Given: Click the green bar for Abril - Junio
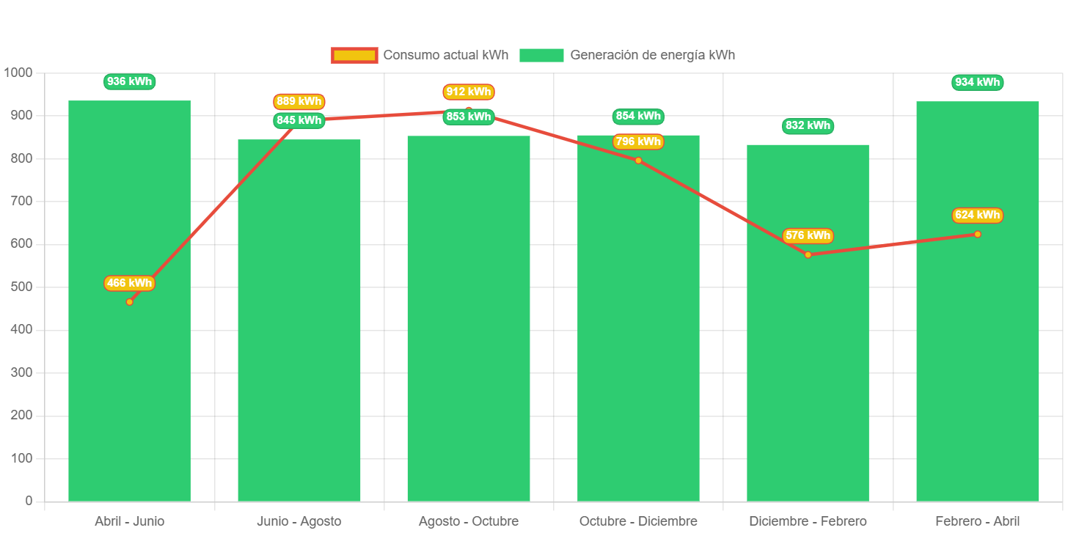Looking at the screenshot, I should tap(129, 367).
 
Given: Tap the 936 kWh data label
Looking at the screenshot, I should tap(130, 82).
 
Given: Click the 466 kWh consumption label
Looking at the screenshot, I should tap(130, 283).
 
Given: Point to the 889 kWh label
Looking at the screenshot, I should tap(299, 101).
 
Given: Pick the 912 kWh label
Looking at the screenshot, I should tap(469, 92).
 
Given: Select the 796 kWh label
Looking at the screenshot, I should tap(638, 141).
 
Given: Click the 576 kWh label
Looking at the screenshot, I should tap(808, 235).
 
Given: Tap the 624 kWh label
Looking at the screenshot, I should tap(977, 215).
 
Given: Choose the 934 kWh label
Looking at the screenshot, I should tap(977, 82).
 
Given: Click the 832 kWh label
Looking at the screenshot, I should tap(808, 126).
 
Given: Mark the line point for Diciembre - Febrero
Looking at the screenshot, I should tap(808, 254).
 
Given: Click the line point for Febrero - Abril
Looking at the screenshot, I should tap(977, 234).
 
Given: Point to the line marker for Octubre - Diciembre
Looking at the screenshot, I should tap(638, 160).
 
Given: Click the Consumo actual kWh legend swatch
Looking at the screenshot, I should tap(354, 55).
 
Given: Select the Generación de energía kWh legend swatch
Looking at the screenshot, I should tap(541, 55).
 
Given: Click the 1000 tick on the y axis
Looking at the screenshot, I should tap(18, 73).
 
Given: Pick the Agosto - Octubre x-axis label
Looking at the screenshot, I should tap(469, 521).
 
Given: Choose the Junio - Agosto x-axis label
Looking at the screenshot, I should tap(299, 521).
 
